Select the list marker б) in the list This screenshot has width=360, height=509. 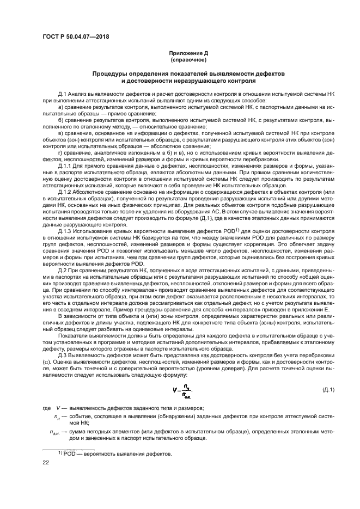point(60,120)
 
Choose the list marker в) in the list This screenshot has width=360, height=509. point(60,132)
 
